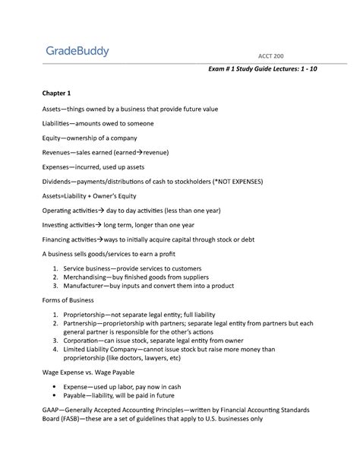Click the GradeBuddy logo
(77, 52)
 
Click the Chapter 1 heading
(56, 94)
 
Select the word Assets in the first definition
(53, 109)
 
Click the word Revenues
(58, 153)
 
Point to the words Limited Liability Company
(106, 350)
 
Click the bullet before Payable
(55, 395)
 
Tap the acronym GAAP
(52, 409)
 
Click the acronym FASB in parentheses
(73, 418)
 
